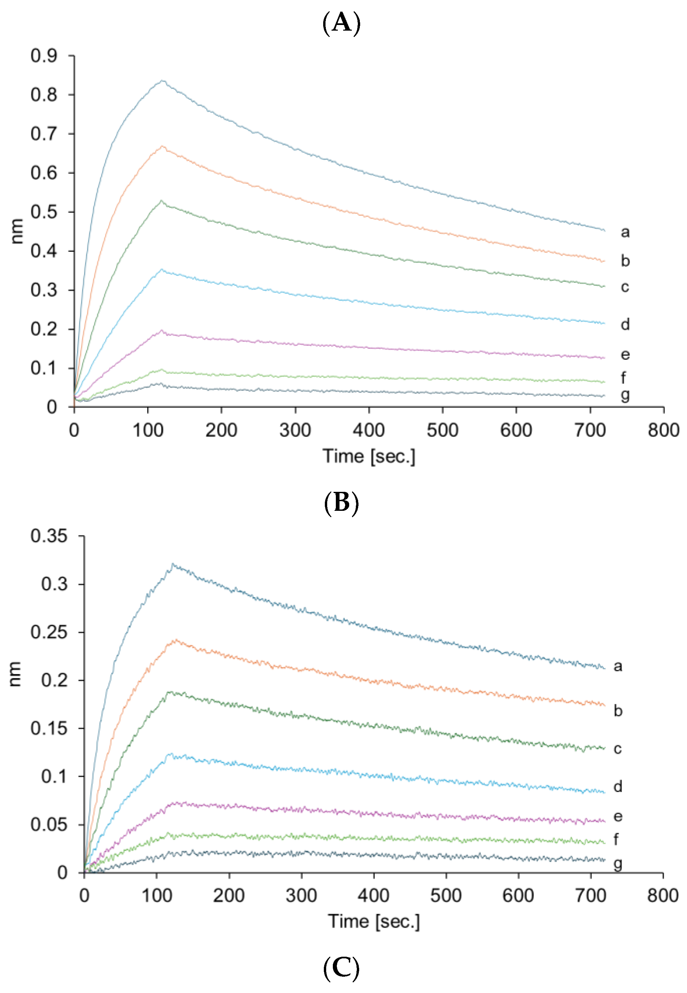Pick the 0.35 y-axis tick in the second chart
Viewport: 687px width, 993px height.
click(49, 536)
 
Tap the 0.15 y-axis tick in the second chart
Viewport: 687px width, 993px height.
click(49, 728)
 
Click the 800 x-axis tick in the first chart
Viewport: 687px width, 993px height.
click(663, 430)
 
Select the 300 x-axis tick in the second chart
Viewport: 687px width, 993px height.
click(301, 896)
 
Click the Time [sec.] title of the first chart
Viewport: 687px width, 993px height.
click(369, 457)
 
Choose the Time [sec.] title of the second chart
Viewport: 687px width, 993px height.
click(373, 922)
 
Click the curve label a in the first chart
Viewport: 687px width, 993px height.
click(625, 232)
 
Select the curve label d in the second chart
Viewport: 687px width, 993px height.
click(618, 787)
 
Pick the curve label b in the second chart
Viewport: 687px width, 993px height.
click(618, 711)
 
